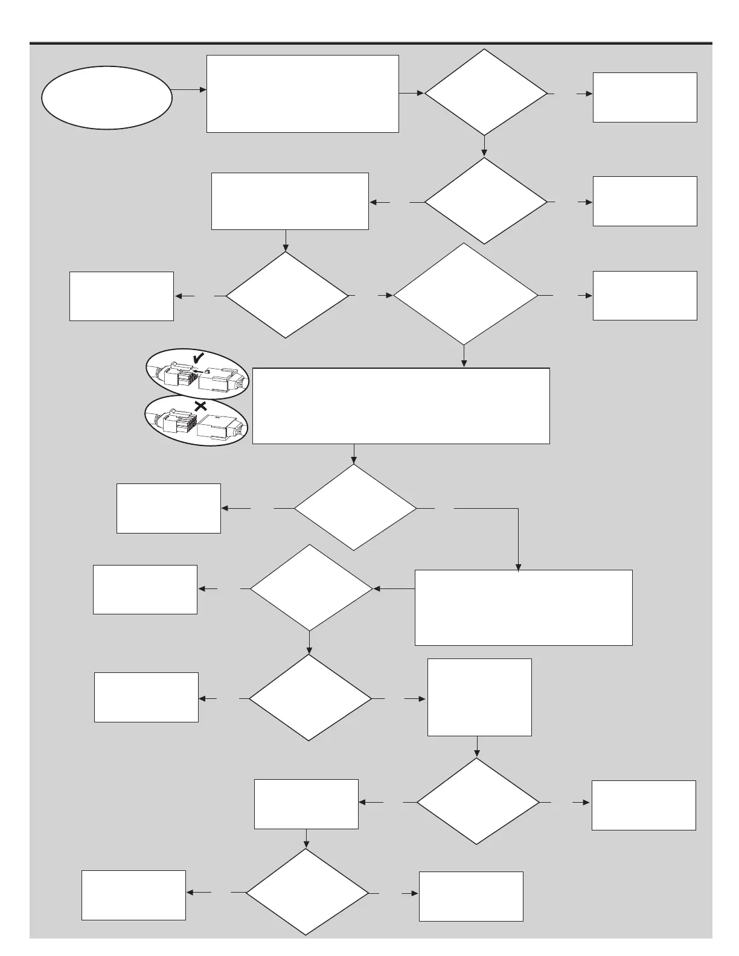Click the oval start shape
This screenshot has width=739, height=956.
(106, 97)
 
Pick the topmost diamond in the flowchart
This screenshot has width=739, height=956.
(485, 92)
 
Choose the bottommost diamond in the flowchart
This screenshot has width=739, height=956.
(307, 892)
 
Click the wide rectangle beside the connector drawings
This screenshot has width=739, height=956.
(401, 406)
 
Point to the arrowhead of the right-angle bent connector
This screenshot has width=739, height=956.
(518, 567)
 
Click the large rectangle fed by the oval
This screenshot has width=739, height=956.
(302, 94)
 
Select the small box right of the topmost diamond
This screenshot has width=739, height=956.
(645, 97)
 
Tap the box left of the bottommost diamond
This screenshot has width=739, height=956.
(133, 895)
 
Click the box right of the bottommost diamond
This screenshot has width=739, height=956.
(471, 896)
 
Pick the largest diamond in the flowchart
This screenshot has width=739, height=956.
(465, 295)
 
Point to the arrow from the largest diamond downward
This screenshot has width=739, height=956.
(464, 356)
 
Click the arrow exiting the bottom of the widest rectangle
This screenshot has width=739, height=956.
(353, 454)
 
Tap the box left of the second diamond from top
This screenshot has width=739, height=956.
(290, 201)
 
